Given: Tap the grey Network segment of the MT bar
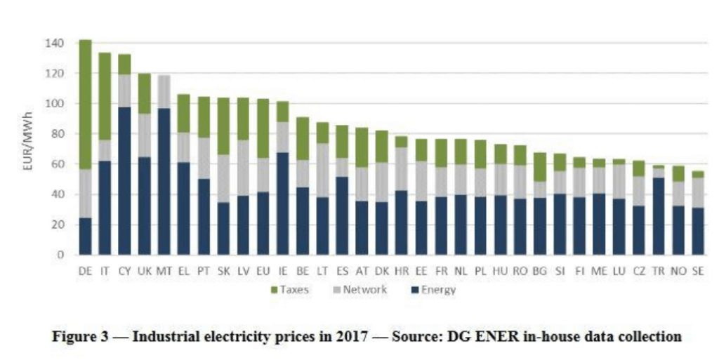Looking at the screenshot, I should (x=163, y=91).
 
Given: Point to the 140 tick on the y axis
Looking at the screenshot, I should (x=56, y=44).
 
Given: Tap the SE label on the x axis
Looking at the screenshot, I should (x=697, y=270).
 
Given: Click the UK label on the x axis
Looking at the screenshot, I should (x=143, y=270).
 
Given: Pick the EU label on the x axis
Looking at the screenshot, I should (x=263, y=270).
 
